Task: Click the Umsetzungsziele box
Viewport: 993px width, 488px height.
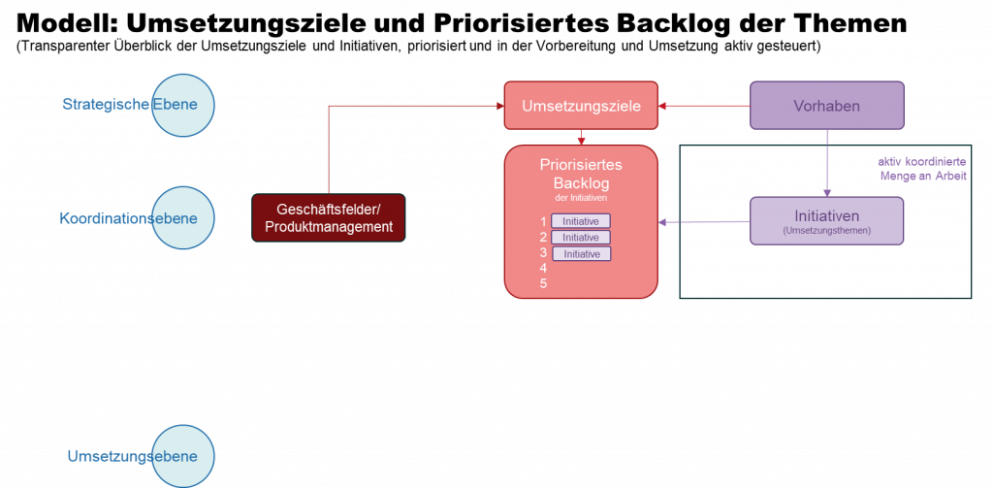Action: pos(581,106)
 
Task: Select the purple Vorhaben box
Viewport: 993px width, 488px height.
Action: pos(826,106)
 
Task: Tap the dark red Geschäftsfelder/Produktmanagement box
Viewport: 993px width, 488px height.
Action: pos(328,218)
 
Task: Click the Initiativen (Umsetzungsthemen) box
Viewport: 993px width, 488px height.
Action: pos(826,220)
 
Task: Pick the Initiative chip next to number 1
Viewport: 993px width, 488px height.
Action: pos(581,221)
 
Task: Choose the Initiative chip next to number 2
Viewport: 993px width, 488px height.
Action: pos(581,237)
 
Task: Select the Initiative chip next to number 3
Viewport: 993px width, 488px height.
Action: pos(581,253)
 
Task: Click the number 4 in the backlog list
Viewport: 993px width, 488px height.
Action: pos(544,268)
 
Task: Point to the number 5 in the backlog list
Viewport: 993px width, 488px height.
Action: pos(544,283)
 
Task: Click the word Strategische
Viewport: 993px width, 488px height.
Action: pos(106,105)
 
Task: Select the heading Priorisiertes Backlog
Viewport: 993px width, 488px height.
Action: pos(581,174)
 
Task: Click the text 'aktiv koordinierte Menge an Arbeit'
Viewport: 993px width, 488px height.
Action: pos(922,169)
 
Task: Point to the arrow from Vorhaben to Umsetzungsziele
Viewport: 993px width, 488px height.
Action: pos(704,106)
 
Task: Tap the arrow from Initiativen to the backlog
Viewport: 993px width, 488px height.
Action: pos(704,223)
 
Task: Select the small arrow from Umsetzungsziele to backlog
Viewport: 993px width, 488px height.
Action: pos(581,137)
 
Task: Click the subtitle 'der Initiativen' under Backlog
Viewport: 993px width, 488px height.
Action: pos(581,198)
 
